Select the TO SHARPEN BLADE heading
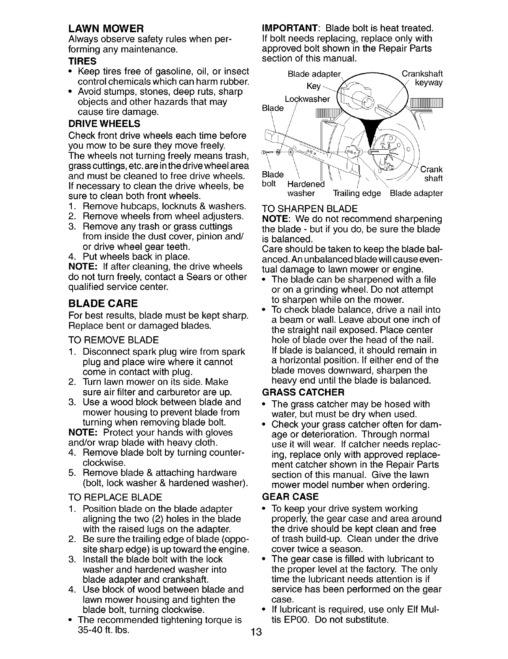click(x=309, y=209)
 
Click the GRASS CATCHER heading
click(x=303, y=392)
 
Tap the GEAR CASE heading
click(x=290, y=497)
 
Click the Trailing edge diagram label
click(x=356, y=194)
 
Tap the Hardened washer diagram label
click(x=305, y=189)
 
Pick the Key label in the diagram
click(x=314, y=86)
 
